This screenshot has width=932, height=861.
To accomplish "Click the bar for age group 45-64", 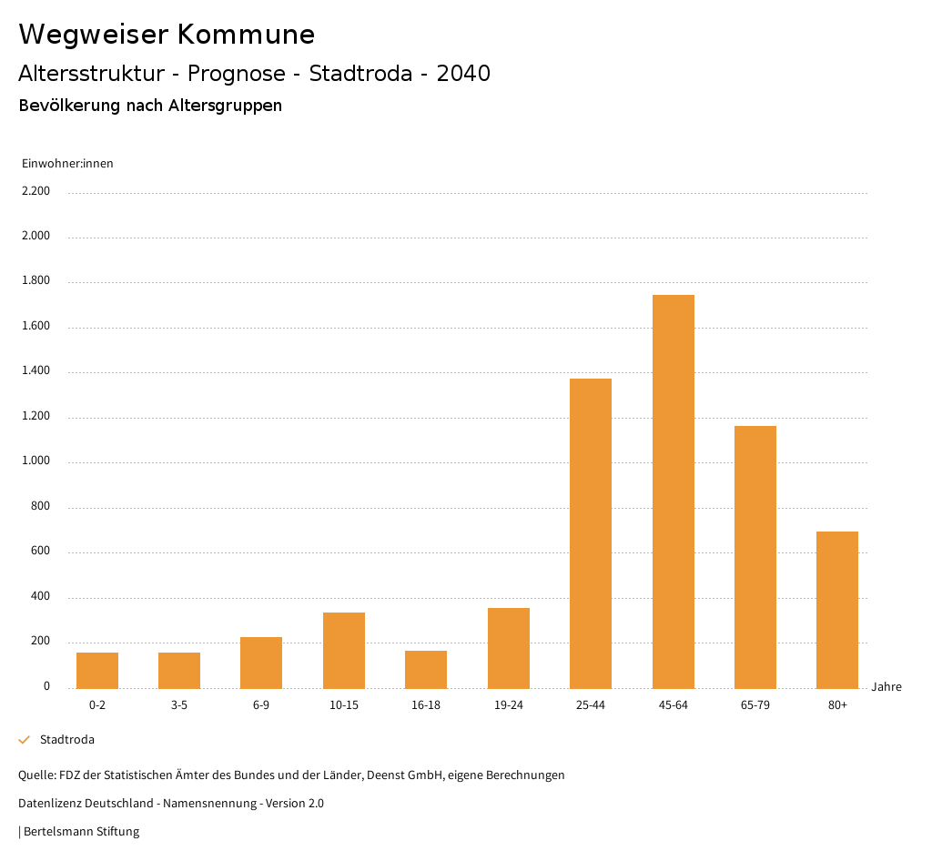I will click(x=673, y=491).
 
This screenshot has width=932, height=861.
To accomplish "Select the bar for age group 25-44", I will click(x=591, y=533).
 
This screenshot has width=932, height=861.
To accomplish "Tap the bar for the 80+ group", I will click(x=837, y=610).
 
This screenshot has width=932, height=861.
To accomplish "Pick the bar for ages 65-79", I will click(x=755, y=557).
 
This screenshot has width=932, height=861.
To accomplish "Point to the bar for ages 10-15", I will click(x=344, y=650).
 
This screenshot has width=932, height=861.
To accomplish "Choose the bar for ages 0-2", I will click(x=97, y=670).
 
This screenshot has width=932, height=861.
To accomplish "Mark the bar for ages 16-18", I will click(x=426, y=669).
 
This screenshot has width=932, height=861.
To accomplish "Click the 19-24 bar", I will click(x=509, y=648).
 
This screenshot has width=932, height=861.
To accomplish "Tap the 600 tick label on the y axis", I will click(x=41, y=552).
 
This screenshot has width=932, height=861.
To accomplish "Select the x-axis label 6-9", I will click(x=261, y=705).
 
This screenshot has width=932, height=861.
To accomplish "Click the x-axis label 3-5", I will click(x=179, y=705).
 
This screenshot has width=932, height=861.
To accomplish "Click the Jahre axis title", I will click(x=886, y=687).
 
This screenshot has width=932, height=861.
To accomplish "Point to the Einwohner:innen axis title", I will click(x=67, y=164).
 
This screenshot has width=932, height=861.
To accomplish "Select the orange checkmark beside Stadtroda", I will click(x=25, y=740).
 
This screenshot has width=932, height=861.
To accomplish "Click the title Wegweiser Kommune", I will click(x=167, y=35).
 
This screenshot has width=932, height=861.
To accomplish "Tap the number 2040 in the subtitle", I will click(x=463, y=74).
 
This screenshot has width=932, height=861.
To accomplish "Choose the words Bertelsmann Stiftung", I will click(x=81, y=832).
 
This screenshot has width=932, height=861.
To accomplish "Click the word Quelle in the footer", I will click(x=36, y=775).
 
